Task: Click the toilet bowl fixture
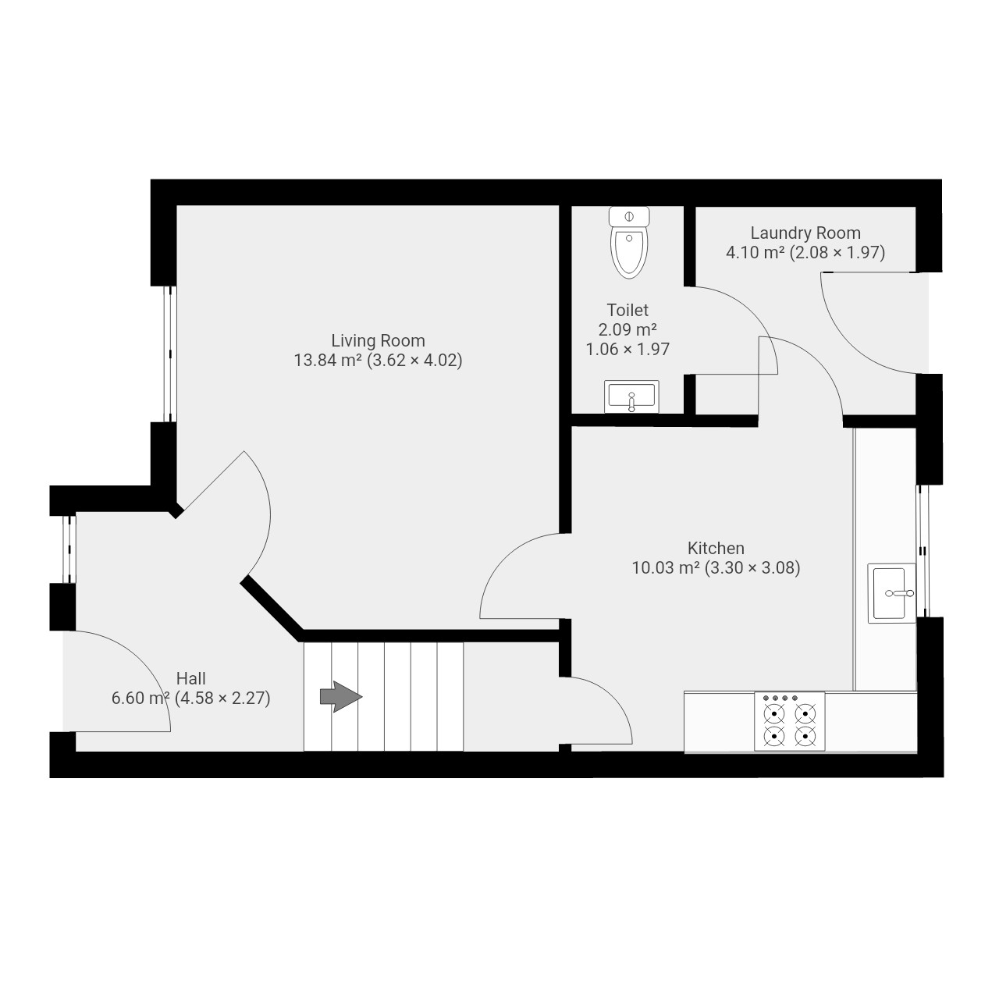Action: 629,242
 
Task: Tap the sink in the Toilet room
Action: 631,396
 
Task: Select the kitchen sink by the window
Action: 891,593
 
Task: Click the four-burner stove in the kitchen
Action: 789,721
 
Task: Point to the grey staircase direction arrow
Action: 340,696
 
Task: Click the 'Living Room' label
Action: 378,340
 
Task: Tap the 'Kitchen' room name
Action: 716,548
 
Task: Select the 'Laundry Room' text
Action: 805,233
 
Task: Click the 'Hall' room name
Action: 190,678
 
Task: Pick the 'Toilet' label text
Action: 627,310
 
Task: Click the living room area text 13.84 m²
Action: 328,360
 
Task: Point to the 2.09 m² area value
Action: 627,329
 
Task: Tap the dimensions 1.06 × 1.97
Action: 627,349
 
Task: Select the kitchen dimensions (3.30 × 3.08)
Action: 752,567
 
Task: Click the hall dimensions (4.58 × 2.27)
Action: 222,698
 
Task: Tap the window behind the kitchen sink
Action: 923,550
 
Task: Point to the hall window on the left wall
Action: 69,549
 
